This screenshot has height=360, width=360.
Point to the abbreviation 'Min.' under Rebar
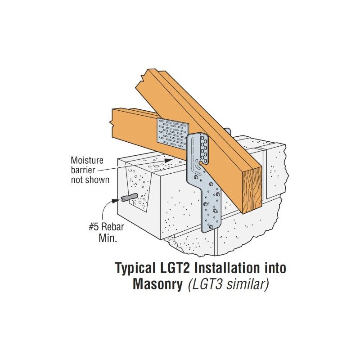(108, 240)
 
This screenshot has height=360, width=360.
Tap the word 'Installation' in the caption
(228, 269)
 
